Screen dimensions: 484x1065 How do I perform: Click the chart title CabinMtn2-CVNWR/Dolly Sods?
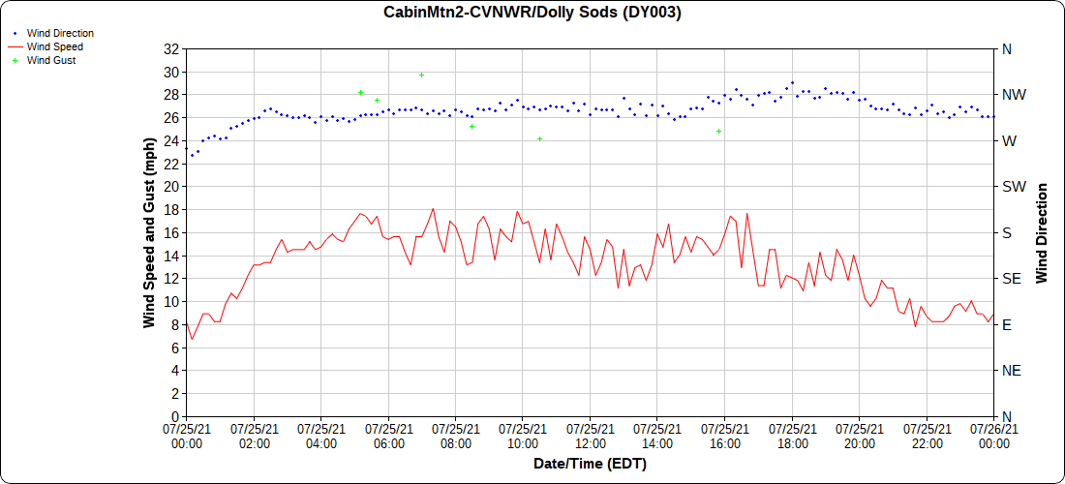[532, 13]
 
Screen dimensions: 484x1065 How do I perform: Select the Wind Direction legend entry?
[60, 33]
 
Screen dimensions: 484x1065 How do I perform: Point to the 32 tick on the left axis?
[170, 48]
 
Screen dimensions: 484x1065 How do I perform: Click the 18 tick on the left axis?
[170, 209]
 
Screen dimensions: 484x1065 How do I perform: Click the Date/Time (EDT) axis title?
[590, 464]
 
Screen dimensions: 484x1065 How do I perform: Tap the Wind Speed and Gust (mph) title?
[149, 232]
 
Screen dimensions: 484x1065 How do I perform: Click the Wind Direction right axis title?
[1042, 232]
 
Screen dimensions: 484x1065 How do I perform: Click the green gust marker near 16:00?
[719, 131]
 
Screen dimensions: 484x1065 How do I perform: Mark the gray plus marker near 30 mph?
[421, 75]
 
